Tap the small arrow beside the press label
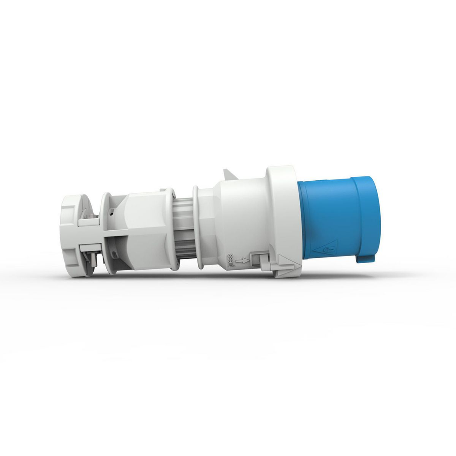coord(241,261)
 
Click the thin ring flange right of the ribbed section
coord(195,227)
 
